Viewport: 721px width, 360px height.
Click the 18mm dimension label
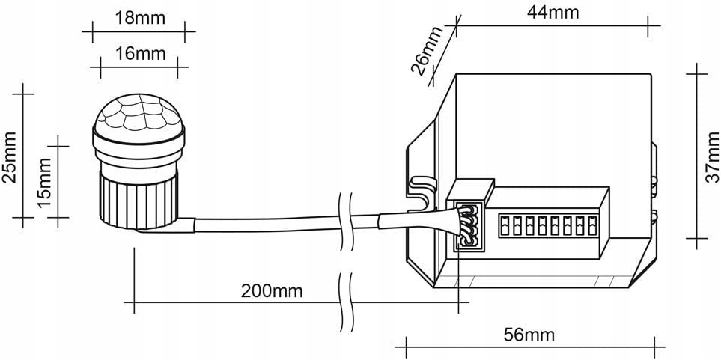point(140,18)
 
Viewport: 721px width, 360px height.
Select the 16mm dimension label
point(140,54)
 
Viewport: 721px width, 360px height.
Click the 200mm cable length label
point(271,291)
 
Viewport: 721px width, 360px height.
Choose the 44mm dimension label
point(553,12)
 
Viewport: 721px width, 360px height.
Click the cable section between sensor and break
point(262,225)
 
